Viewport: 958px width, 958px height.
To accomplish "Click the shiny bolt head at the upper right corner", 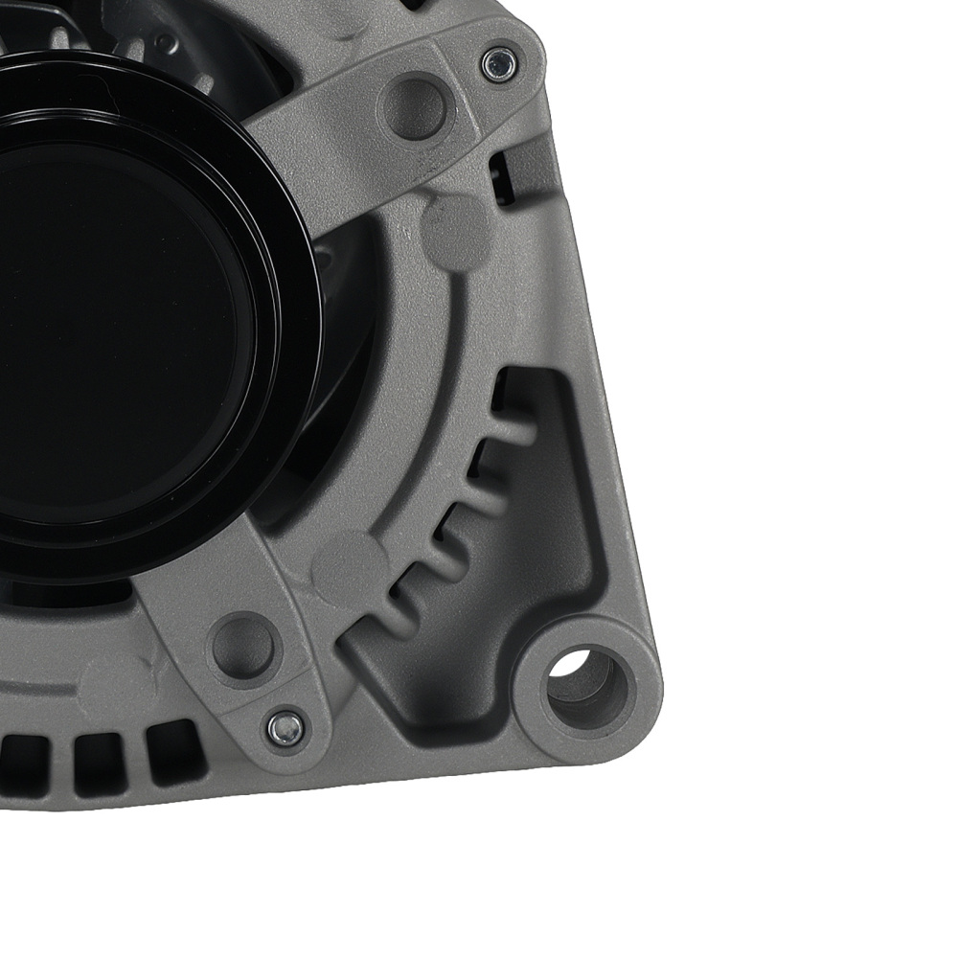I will [499, 64].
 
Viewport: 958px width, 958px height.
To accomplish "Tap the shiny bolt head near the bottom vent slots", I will [285, 728].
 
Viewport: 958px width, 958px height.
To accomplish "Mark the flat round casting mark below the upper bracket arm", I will [455, 230].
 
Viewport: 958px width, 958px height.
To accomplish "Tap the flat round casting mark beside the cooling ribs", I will [351, 565].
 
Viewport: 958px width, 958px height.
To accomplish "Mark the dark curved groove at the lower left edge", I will [38, 688].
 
